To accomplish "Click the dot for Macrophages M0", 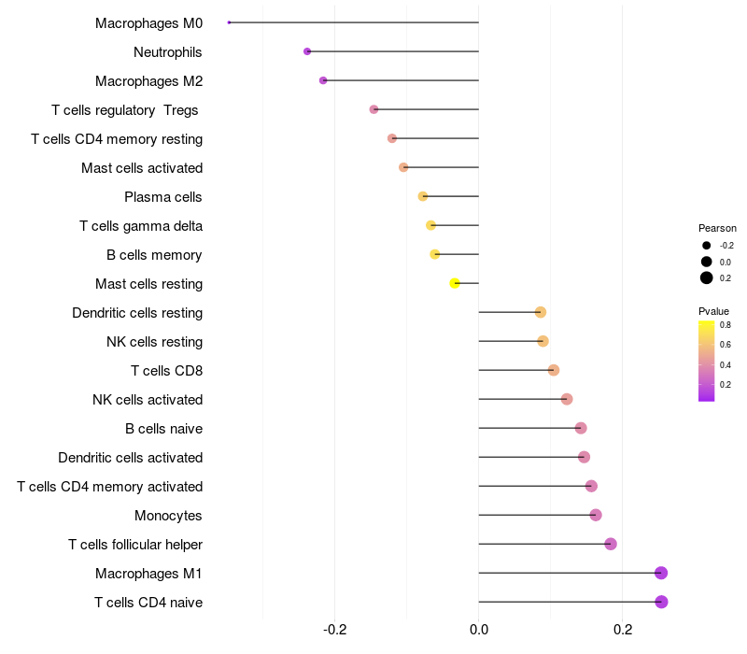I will click(229, 22).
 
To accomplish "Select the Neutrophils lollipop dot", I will click(307, 51).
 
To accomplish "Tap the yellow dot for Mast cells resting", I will click(455, 283).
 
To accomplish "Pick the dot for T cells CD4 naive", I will click(661, 602).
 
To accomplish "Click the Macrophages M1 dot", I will click(661, 573).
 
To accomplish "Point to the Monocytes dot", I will click(596, 515).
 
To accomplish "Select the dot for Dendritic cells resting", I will click(541, 312).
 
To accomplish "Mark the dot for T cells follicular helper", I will click(611, 544).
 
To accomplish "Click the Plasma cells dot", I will click(423, 196).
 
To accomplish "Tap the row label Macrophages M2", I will click(148, 81).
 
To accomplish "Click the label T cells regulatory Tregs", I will click(126, 110).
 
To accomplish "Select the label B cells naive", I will click(163, 429).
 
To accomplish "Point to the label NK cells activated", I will click(148, 400).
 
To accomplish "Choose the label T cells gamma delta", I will click(141, 226).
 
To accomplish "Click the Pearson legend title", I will click(717, 228).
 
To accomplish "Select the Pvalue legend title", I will click(713, 311).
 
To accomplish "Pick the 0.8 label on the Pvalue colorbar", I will click(725, 325).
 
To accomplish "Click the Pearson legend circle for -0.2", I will click(707, 246).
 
